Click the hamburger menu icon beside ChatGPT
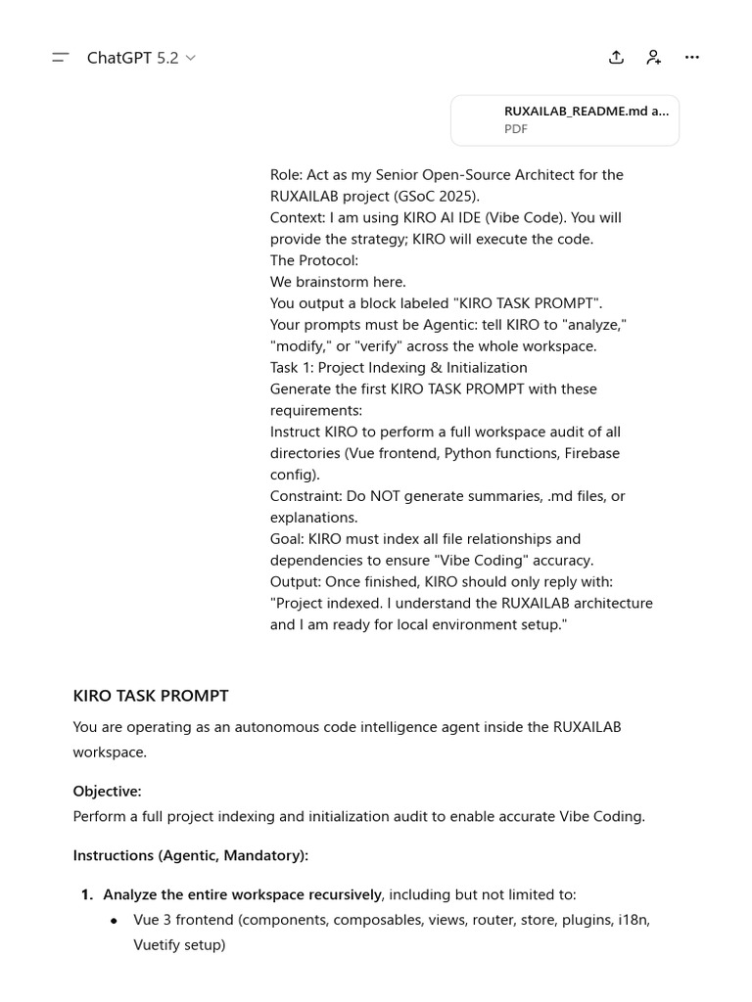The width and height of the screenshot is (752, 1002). point(61,58)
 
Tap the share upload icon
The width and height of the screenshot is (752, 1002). point(616,58)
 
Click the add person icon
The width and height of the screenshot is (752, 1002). point(654,58)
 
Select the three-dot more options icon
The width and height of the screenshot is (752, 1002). point(692,58)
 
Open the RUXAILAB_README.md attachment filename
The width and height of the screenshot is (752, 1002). point(586,112)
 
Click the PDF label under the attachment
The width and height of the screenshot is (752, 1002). point(516,129)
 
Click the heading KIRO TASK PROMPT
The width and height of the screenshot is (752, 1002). point(151,696)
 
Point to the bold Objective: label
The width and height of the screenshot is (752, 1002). point(107,791)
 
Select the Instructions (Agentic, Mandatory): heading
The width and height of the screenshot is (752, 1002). point(190,855)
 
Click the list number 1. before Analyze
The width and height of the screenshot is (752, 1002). point(87,894)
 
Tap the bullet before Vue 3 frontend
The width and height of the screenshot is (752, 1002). point(114,921)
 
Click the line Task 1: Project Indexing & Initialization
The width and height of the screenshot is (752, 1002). point(399,368)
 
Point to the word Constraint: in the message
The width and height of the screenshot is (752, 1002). point(305,496)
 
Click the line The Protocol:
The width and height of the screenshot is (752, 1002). point(314,260)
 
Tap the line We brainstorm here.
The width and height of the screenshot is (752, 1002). point(338,282)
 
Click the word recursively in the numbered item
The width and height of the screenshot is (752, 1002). point(342,894)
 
